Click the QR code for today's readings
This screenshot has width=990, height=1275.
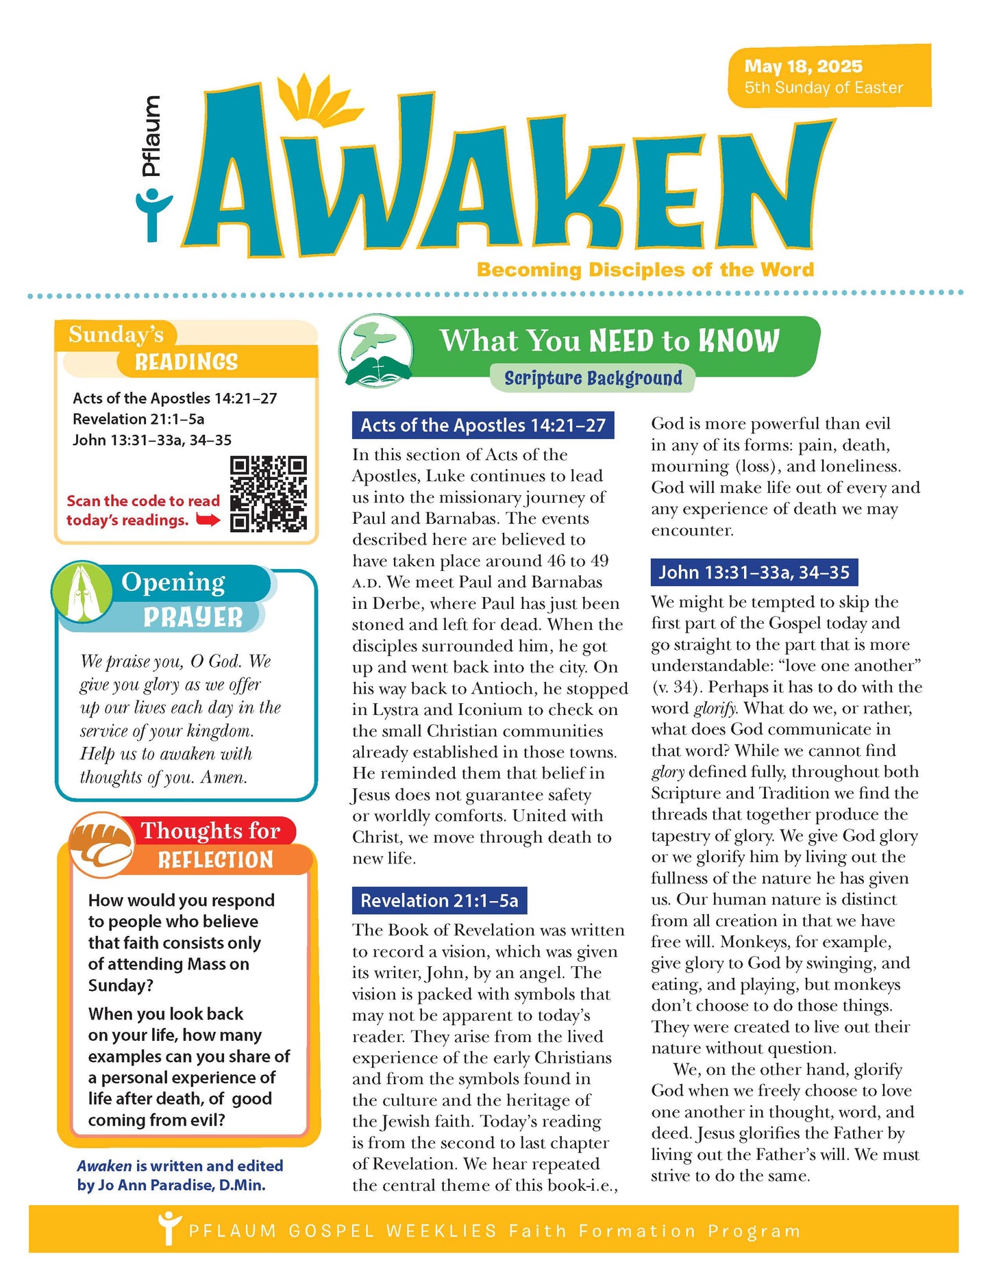click(x=268, y=494)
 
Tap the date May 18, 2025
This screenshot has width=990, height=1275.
click(x=803, y=66)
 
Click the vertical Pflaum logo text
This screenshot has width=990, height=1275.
click(x=150, y=136)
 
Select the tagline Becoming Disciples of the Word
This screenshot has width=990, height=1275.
click(x=645, y=269)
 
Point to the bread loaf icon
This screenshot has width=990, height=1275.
click(x=102, y=844)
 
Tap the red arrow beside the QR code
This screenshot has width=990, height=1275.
click(x=208, y=520)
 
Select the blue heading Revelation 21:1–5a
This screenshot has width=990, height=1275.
click(x=439, y=900)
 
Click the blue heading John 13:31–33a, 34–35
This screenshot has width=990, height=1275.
click(x=754, y=572)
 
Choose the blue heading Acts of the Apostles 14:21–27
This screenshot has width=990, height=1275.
click(x=482, y=425)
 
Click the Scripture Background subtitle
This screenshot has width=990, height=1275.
click(x=593, y=378)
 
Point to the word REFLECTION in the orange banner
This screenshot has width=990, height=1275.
click(x=215, y=860)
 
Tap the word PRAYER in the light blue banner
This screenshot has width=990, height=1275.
click(x=193, y=617)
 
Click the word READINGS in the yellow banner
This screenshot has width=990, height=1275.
click(x=186, y=362)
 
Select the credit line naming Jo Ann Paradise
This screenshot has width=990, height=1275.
click(x=180, y=1175)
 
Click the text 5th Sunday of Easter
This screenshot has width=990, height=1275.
click(x=824, y=88)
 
